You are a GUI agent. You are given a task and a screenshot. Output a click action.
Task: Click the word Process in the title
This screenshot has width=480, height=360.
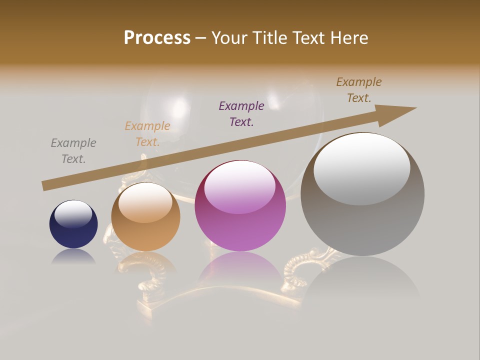(157, 38)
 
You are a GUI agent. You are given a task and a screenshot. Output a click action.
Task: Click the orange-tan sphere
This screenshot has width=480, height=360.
(145, 220)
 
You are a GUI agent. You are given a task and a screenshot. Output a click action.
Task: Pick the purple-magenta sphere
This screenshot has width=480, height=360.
(240, 210)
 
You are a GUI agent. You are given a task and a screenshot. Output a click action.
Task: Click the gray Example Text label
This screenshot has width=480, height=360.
(73, 151)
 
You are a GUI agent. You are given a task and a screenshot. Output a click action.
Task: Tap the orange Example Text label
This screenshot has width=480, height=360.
(147, 134)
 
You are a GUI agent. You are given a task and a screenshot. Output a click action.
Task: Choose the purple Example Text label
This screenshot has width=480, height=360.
(241, 113)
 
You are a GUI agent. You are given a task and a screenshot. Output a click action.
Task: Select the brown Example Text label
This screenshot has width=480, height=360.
(359, 90)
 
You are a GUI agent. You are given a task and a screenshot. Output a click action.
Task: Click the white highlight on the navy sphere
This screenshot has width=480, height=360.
(73, 213)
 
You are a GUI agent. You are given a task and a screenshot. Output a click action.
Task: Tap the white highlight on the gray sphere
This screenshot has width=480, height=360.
(362, 167)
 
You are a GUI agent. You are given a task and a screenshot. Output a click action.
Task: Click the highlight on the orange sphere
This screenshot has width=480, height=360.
(145, 202)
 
